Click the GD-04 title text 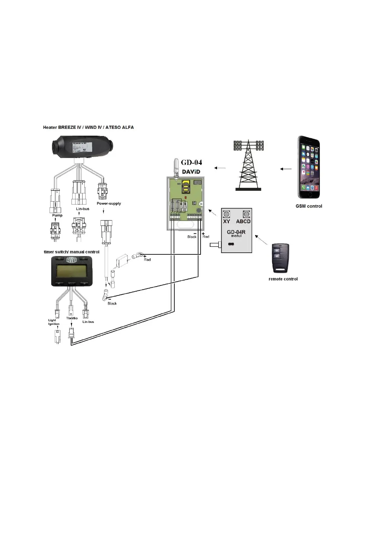point(191,162)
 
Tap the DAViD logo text point(191,172)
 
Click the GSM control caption point(309,206)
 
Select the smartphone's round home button point(309,195)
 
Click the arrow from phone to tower point(286,169)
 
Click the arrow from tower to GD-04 point(220,168)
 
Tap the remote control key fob point(281,258)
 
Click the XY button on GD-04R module point(227,214)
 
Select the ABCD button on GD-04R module point(246,214)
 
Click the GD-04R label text point(236,232)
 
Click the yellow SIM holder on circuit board point(186,186)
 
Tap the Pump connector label point(57,215)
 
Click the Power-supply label point(109,204)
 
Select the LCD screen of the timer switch point(72,271)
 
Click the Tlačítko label point(72,318)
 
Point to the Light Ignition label point(54,322)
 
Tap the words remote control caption point(283,279)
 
